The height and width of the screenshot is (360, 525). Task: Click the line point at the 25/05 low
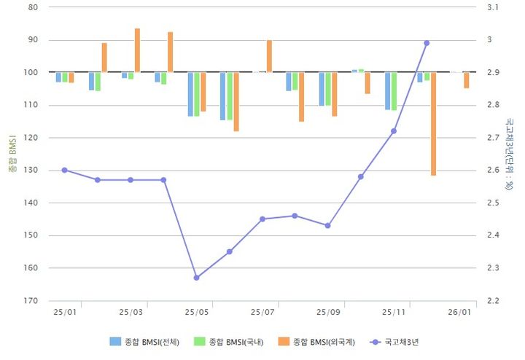click(x=196, y=278)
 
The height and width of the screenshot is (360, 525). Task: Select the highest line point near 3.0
click(x=427, y=43)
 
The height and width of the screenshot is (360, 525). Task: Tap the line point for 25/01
click(x=64, y=170)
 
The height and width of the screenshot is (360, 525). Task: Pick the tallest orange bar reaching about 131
click(x=433, y=124)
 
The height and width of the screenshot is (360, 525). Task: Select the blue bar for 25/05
click(x=190, y=94)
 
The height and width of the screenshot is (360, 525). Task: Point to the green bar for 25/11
click(x=394, y=91)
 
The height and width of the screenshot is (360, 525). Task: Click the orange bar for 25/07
click(x=269, y=56)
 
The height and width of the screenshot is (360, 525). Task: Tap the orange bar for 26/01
click(x=466, y=80)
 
